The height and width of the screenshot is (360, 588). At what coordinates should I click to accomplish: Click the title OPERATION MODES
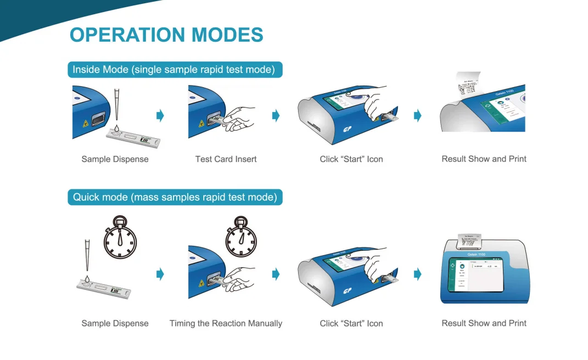[x=166, y=35]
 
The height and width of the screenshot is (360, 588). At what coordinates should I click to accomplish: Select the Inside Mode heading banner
[x=175, y=70]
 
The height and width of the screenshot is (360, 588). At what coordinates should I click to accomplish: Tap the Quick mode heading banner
[x=175, y=197]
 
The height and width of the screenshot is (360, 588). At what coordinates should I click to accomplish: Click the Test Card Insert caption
[x=226, y=159]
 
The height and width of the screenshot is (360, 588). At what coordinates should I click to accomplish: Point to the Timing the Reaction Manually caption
[x=226, y=324]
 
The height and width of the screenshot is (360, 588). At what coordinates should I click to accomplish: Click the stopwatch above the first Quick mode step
[x=120, y=240]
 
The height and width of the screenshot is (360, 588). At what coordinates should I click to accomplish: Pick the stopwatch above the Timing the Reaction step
[x=242, y=240]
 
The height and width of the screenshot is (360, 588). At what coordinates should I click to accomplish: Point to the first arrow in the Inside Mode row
[x=160, y=115]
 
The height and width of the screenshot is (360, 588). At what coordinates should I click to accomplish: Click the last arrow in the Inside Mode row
[x=417, y=115]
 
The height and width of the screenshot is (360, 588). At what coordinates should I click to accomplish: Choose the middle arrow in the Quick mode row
[x=276, y=274]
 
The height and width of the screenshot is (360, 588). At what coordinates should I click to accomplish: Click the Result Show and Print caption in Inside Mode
[x=484, y=159]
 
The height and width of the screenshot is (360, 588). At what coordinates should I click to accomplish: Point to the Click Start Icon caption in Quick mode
[x=351, y=324]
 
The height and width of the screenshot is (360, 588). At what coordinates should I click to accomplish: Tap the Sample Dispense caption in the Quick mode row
[x=115, y=324]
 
